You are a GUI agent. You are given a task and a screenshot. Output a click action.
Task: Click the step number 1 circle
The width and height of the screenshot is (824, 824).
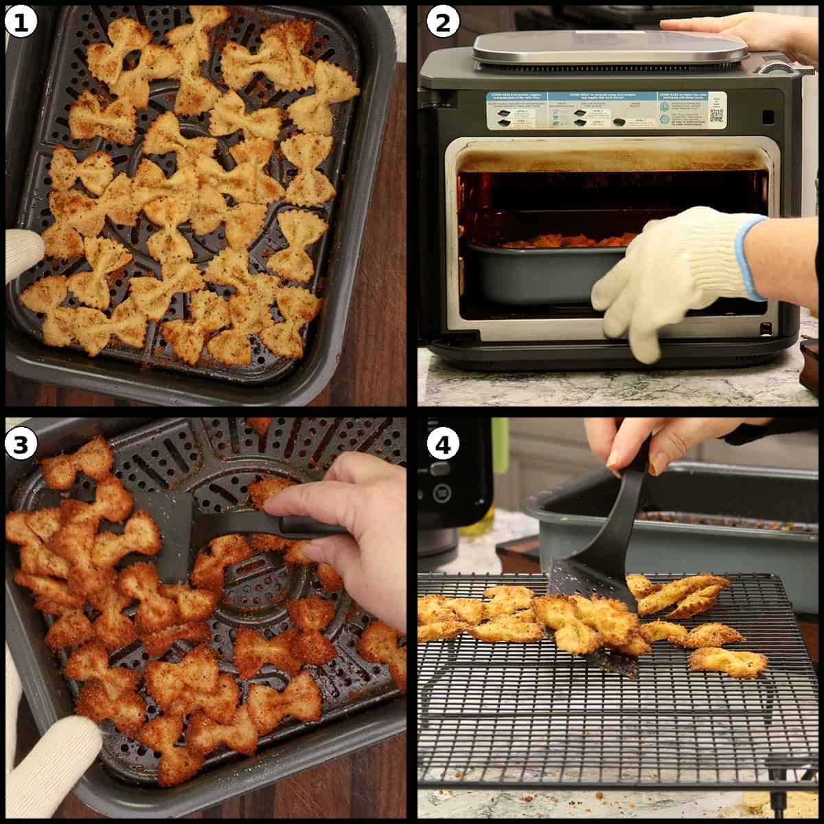tap(21, 23)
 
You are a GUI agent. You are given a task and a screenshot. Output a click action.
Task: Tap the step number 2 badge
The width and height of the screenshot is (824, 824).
tap(443, 23)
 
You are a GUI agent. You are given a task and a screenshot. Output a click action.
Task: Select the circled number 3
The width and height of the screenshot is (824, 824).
tap(21, 444)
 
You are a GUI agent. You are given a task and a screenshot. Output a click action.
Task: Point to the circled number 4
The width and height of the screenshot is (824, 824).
tap(443, 445)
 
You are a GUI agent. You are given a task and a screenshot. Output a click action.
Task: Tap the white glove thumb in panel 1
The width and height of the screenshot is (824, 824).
tap(21, 254)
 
